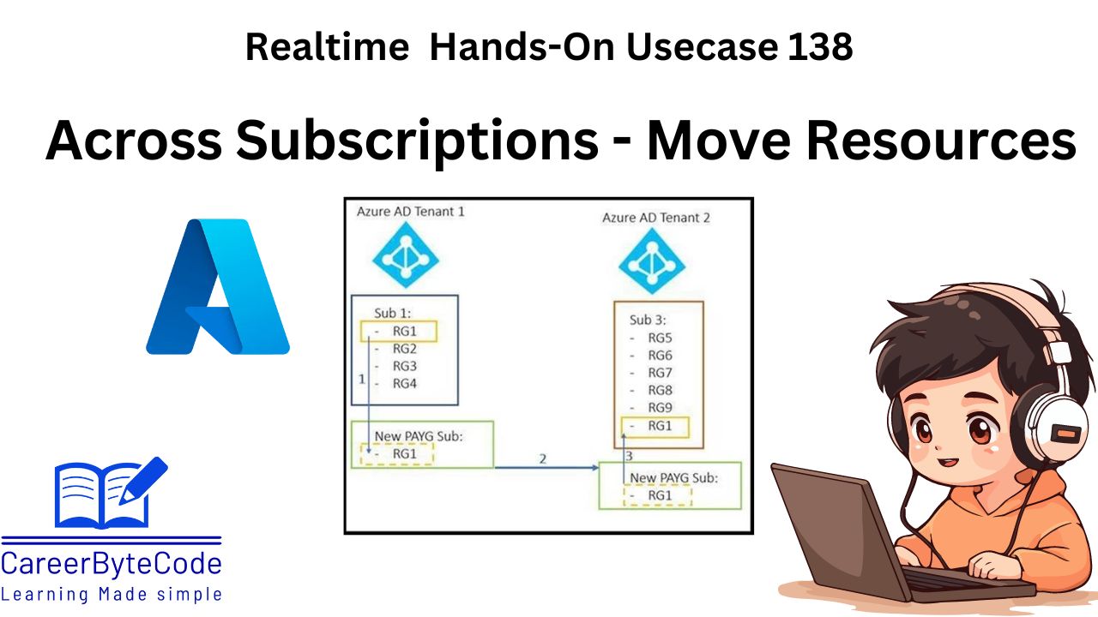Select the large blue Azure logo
tap(219, 287)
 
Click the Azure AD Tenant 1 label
tap(410, 211)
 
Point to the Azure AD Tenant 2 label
tap(656, 218)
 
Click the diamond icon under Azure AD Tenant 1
tap(406, 255)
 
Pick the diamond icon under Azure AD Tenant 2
tap(652, 262)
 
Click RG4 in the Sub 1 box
tap(404, 384)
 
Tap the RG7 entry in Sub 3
tap(660, 373)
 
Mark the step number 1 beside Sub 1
tap(361, 378)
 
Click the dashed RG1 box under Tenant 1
tap(397, 454)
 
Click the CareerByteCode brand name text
tap(112, 564)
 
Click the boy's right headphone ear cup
tap(1059, 411)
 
